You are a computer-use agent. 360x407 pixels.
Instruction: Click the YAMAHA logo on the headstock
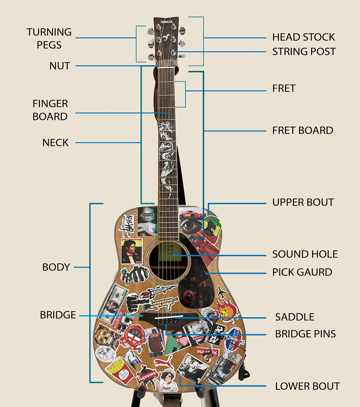coord(166,22)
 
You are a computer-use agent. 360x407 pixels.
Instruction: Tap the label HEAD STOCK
coord(303,37)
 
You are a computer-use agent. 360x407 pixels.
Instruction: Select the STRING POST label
coord(304,52)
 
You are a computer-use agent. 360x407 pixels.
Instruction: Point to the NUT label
coord(60,66)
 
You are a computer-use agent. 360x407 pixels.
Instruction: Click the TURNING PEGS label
coord(49,38)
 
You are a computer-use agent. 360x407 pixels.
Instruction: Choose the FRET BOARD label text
coord(303,131)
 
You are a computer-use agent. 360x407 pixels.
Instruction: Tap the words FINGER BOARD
coord(50,110)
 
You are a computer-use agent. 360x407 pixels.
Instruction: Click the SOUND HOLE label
coord(305,254)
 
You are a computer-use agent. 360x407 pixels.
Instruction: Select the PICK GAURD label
coord(302,272)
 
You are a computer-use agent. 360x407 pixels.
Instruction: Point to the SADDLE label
coord(294,317)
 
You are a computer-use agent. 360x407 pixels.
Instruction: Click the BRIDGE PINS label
coord(305,334)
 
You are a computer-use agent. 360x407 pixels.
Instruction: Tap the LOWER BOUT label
coord(307,386)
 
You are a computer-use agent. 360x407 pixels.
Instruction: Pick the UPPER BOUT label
coord(303,202)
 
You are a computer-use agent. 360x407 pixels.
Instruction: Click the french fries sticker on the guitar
coord(116,369)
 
